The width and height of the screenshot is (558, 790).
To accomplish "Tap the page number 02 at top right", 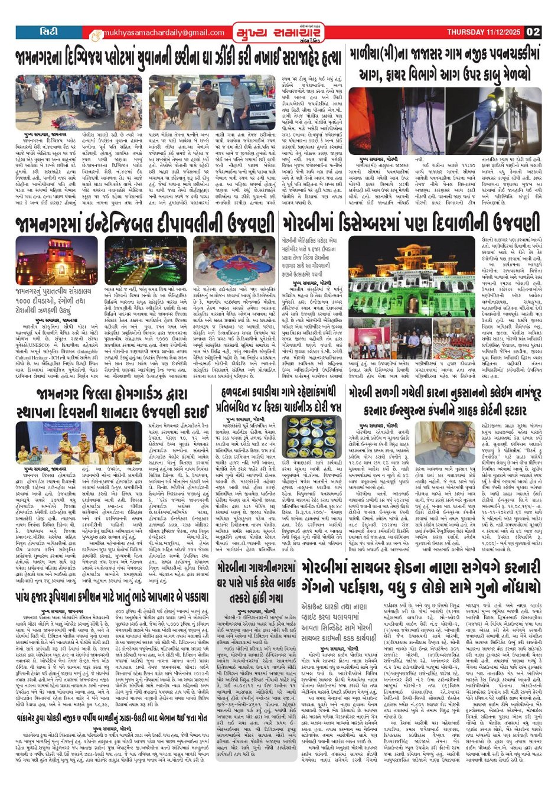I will click(533, 32).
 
